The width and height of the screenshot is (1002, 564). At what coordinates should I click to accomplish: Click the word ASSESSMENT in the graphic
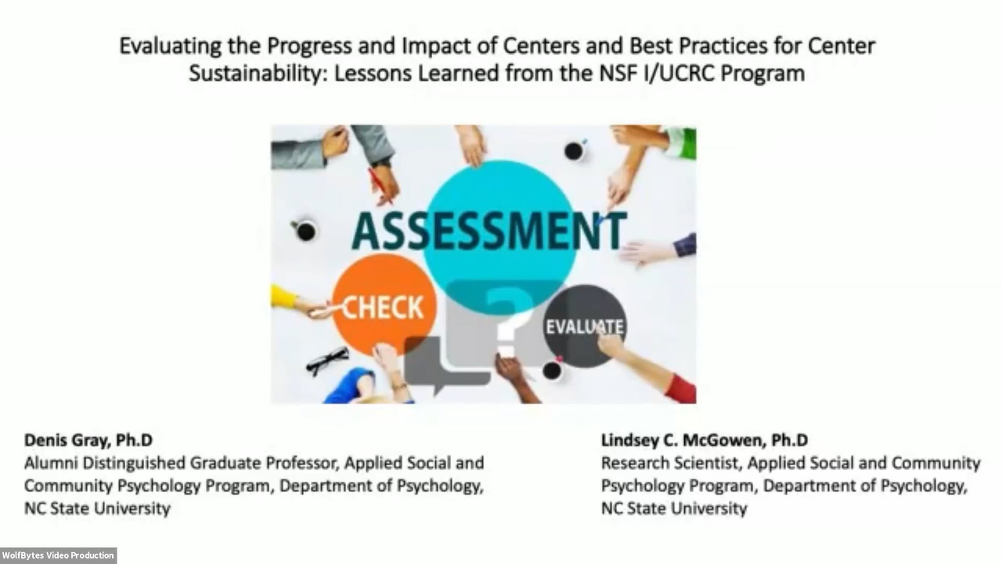point(489,231)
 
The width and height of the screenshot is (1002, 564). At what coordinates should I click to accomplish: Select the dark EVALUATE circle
point(584,326)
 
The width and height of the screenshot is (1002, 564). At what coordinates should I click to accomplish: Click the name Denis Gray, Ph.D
point(89,440)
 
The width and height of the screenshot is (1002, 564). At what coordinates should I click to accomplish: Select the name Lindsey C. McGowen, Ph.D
point(705,440)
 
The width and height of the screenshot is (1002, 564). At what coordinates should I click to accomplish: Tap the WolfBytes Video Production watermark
point(58,556)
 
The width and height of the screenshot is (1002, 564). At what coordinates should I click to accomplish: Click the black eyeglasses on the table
point(328,360)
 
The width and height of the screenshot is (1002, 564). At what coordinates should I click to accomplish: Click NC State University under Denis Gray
point(97,509)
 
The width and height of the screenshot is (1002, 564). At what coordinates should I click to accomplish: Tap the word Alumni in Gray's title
point(51,463)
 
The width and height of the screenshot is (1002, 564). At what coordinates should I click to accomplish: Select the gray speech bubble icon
point(447,363)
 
